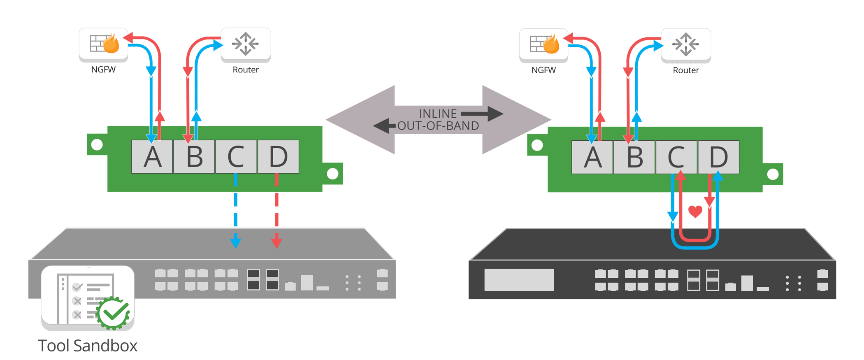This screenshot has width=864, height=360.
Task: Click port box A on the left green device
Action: coord(152,157)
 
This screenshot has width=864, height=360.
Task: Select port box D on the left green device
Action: coord(278,157)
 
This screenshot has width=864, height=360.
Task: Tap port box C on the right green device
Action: coord(676,157)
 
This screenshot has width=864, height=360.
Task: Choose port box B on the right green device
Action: coord(634,157)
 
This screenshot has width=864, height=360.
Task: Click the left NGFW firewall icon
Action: coord(104,44)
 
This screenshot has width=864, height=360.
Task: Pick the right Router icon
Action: coord(686,44)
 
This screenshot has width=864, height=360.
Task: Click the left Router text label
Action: coord(246,70)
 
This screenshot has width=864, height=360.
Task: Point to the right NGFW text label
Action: coord(543,70)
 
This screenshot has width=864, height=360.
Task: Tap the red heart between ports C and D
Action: coord(695,211)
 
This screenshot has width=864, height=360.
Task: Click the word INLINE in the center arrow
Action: coord(438,114)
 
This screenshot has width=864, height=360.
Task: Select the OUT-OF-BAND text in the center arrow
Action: coord(438,126)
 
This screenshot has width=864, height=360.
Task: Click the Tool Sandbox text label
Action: coord(88,346)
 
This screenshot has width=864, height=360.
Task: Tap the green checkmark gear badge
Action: coord(114,313)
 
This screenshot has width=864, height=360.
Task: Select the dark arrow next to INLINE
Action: coord(482,114)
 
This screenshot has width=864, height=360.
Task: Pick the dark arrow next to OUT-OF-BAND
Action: coord(385,126)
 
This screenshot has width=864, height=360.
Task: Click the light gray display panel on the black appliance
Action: coord(519,280)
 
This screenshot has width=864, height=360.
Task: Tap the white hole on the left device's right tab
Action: coord(332,174)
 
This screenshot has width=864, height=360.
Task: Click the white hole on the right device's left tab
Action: coord(537,145)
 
